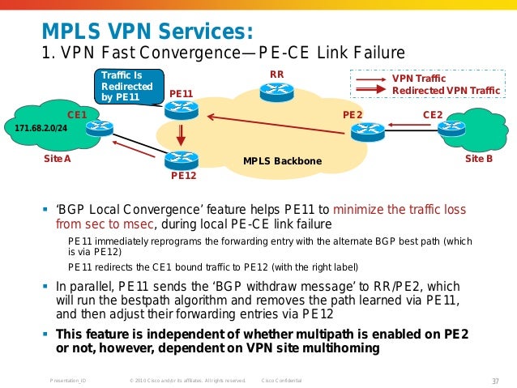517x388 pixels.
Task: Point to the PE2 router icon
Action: pos(370,129)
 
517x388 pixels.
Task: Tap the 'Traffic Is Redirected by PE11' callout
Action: pos(125,87)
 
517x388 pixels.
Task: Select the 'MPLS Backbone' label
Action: pos(282,162)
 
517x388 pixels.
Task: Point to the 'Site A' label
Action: pos(57,160)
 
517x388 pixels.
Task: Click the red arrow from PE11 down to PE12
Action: pos(182,134)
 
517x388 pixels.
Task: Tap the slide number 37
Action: pos(494,380)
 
